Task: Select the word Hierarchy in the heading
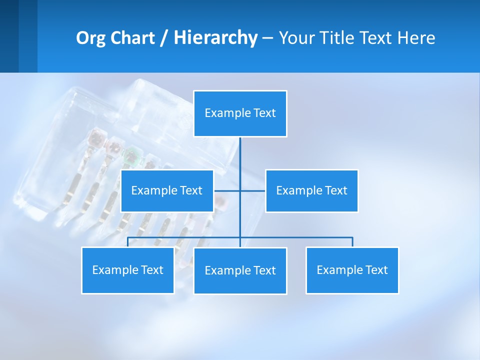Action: pyautogui.click(x=215, y=38)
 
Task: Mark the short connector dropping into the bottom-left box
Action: pyautogui.click(x=128, y=242)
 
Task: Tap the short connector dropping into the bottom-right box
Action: pyautogui.click(x=352, y=242)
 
